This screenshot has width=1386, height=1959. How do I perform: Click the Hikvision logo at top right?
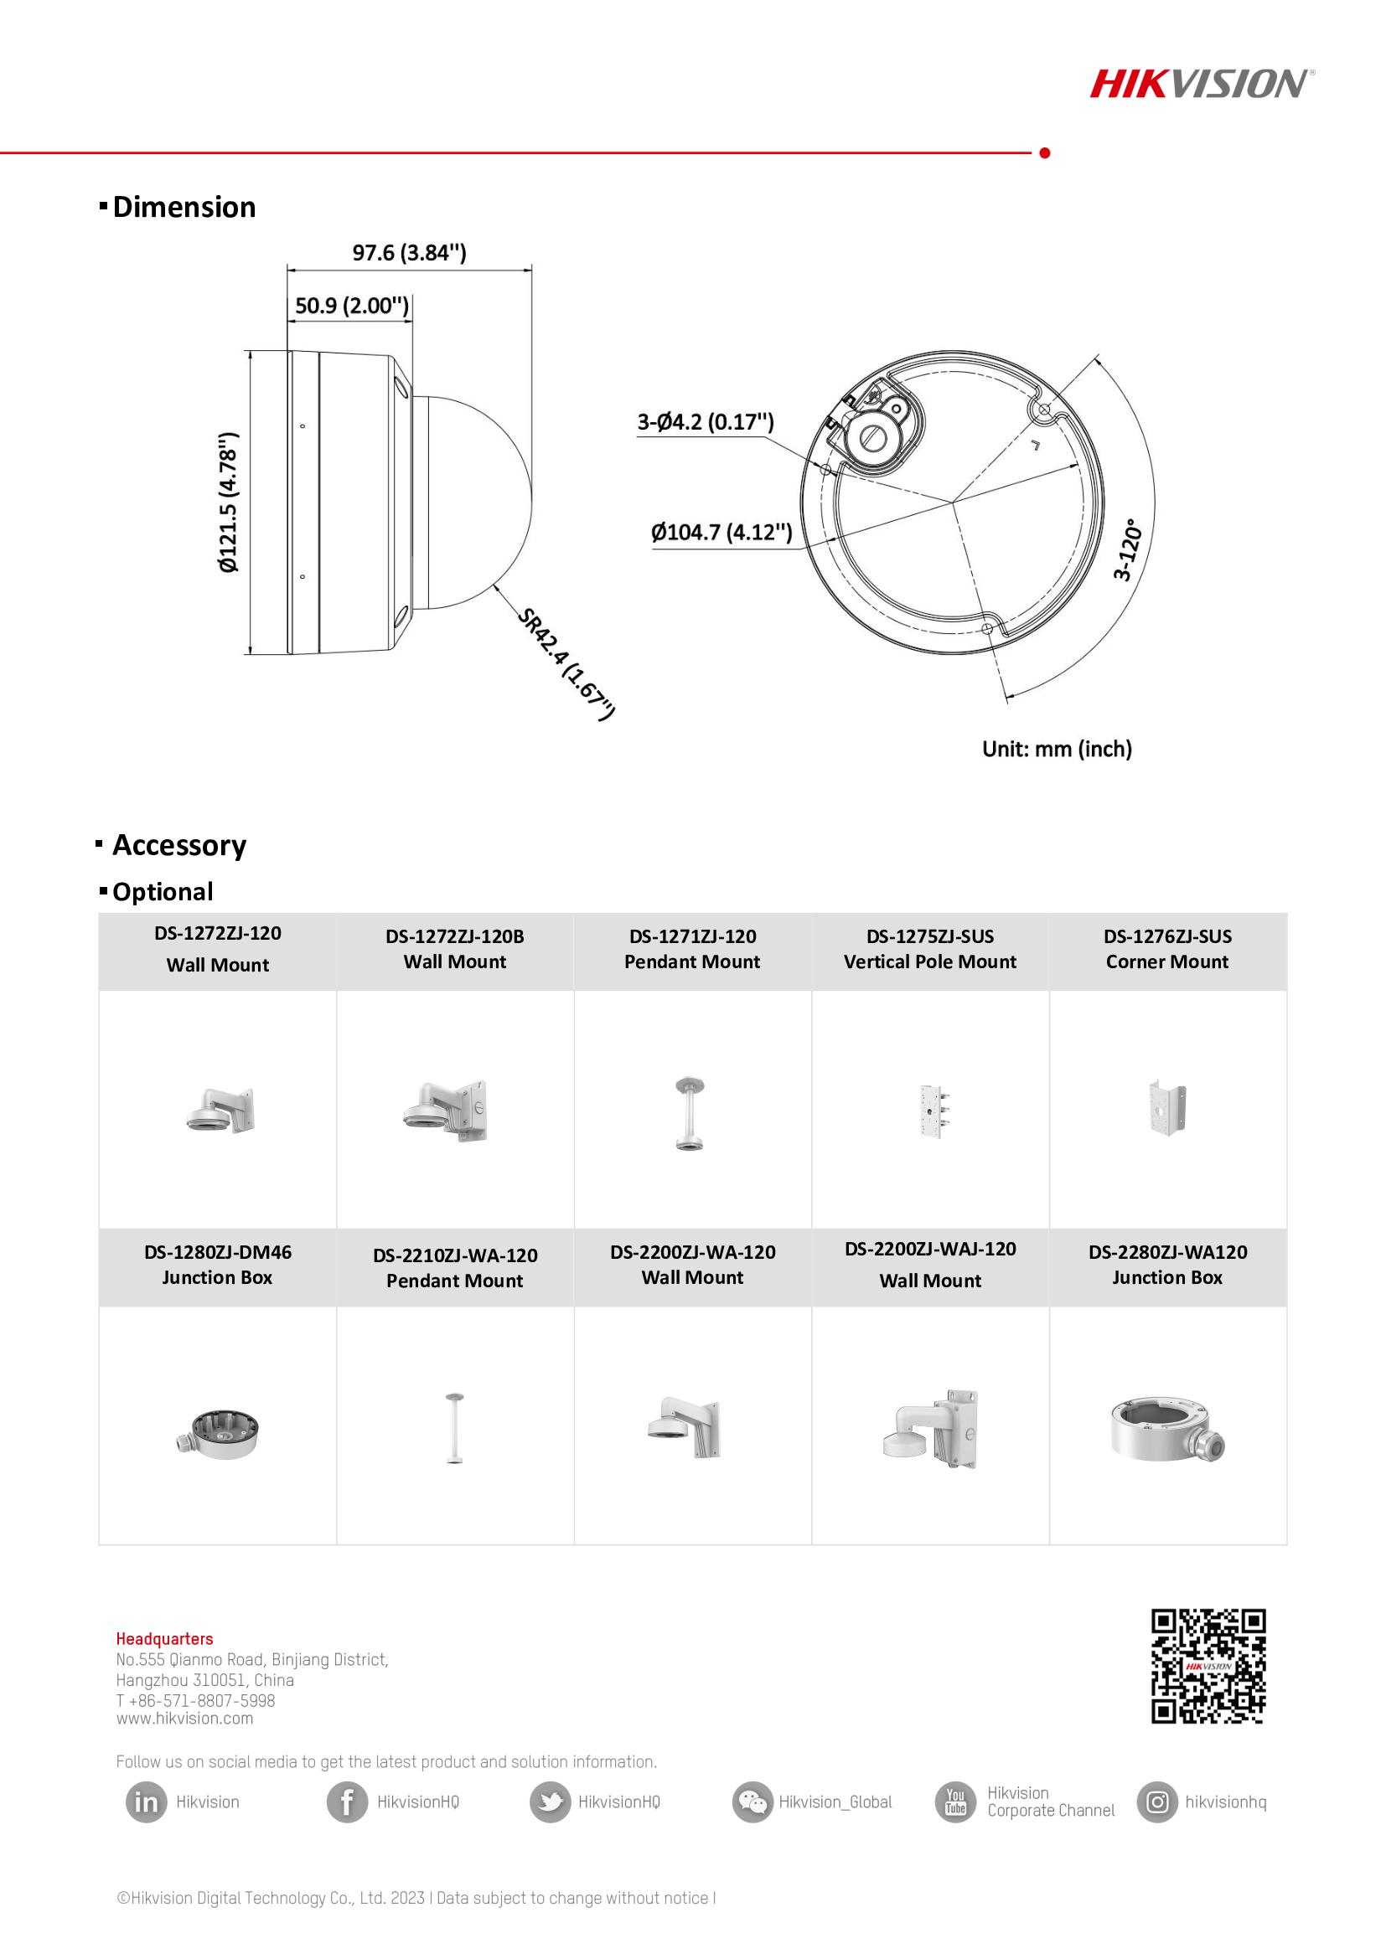pos(1202,84)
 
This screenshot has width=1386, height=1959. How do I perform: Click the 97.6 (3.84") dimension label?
pos(410,253)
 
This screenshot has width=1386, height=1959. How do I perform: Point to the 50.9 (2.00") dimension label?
pos(352,306)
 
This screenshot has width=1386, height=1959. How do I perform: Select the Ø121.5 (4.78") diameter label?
pos(229,503)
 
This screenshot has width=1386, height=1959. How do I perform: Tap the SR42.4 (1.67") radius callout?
pos(566,664)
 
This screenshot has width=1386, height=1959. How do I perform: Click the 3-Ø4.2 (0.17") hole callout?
pos(705,421)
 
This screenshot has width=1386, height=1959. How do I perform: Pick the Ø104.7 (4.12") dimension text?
pos(721,533)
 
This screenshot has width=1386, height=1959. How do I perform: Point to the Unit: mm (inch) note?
pos(1057,749)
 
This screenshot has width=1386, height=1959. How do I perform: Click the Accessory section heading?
pos(179,845)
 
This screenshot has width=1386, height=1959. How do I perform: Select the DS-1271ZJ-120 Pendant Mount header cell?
pos(692,949)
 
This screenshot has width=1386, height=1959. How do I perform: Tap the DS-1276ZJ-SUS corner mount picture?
pos(1166,1108)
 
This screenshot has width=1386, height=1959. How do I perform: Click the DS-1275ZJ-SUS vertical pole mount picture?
pos(931,1110)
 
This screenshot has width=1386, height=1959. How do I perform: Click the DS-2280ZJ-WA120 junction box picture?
pos(1166,1429)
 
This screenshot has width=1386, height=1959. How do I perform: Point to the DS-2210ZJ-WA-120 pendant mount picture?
pos(455,1429)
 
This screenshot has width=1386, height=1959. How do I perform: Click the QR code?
pos(1208,1666)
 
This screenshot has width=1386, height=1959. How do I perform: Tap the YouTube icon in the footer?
pos(955,1802)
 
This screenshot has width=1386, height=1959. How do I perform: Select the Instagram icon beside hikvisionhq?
pos(1157,1802)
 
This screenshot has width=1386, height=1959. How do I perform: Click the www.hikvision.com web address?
pos(185,1719)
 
